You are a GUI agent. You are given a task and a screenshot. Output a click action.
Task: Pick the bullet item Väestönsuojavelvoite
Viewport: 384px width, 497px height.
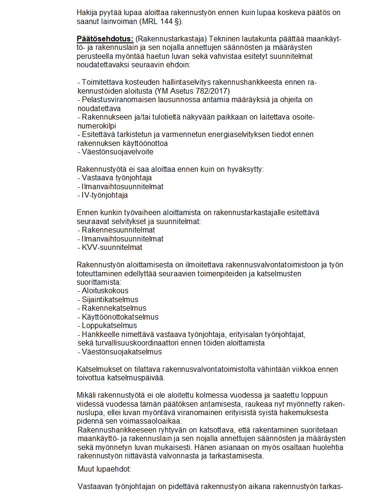pos(117,152)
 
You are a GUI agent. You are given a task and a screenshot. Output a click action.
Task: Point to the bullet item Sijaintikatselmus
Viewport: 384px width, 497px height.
pos(110,299)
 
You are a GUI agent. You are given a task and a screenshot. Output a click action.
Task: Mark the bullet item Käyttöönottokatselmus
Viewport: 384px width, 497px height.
pos(120,317)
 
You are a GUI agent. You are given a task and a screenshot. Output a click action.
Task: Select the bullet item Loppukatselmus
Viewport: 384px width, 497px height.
pos(109,325)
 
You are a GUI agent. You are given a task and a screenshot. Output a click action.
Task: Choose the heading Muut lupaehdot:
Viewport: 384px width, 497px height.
pos(104,469)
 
